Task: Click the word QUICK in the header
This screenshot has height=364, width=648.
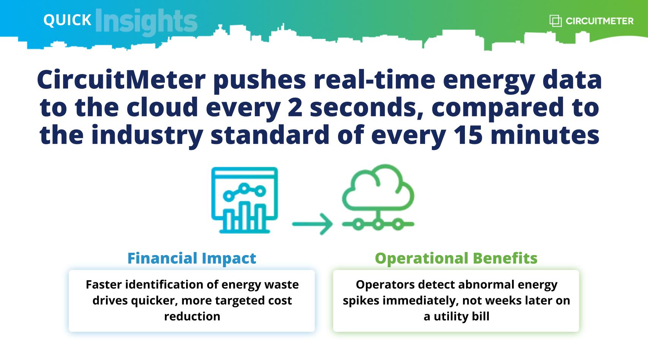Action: (67, 20)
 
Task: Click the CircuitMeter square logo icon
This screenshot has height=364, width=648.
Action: (555, 21)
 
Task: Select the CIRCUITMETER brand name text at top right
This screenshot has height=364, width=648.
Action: (599, 21)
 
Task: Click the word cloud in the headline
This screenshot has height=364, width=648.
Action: (162, 106)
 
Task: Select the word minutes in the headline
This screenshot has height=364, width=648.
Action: (545, 135)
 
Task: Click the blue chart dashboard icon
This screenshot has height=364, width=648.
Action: (245, 200)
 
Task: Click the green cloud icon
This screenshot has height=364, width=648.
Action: (378, 197)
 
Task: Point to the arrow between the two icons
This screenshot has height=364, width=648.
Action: (313, 224)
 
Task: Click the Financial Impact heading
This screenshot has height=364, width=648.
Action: (192, 258)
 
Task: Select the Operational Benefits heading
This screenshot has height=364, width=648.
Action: (456, 258)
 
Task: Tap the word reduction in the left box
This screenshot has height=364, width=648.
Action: (192, 316)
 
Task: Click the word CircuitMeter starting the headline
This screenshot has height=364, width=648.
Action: (121, 79)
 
